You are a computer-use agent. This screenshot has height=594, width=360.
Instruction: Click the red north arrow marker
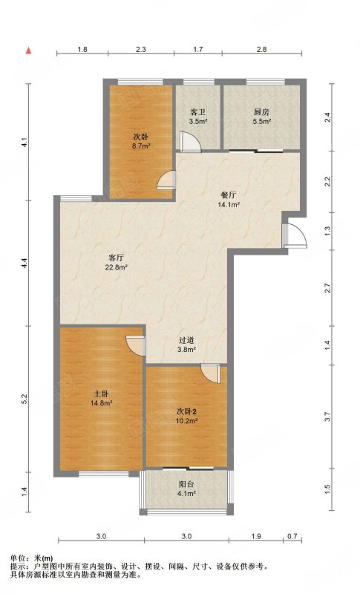point(28,50)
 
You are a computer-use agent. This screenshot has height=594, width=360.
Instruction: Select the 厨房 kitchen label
point(261,112)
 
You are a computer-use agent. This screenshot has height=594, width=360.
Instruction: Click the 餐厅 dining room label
point(229,195)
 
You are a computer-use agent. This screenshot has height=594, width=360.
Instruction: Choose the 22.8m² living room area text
point(117,267)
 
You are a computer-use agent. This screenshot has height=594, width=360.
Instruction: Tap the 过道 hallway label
point(186,340)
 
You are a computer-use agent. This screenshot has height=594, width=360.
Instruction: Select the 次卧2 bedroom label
point(187,411)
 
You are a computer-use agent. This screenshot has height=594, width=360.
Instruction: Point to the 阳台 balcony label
point(186,484)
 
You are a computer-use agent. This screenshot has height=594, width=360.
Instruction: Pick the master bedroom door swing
point(136,346)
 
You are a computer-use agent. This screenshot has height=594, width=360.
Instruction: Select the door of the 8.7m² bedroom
point(166,180)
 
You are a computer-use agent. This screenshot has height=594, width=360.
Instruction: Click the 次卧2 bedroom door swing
point(210,373)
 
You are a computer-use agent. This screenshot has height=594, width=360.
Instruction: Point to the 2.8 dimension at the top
point(261,49)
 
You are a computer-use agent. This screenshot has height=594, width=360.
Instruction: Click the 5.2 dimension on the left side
point(24,399)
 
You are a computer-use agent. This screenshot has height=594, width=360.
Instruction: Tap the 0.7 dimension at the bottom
point(292,536)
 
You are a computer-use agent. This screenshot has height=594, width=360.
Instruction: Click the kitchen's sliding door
point(256,151)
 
